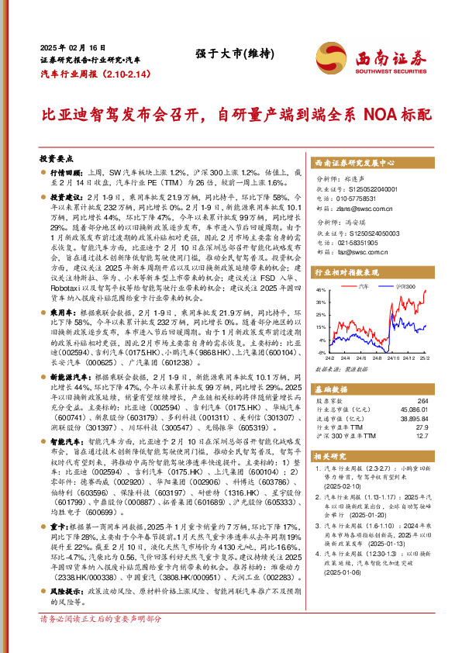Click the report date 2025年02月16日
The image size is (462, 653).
click(x=68, y=46)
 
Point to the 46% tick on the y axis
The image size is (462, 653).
click(x=321, y=290)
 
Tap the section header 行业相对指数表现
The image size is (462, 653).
click(x=346, y=274)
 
